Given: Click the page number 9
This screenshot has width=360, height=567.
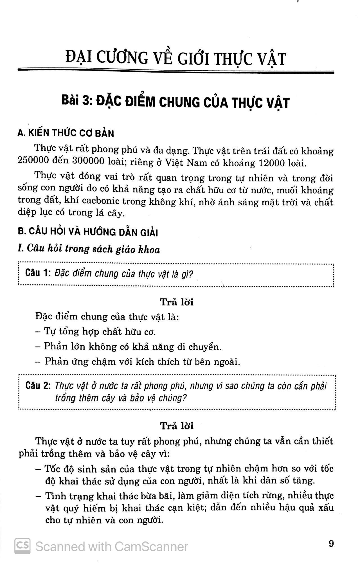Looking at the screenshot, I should click(x=331, y=544).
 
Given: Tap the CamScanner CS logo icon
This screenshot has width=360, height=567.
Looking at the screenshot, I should click(x=22, y=546).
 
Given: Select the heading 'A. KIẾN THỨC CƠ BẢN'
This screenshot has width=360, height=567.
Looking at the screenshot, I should click(x=66, y=133).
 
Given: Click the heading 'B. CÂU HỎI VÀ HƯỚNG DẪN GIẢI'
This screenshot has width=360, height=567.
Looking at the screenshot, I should click(x=88, y=232).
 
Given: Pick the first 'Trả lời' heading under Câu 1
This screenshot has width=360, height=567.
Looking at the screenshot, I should click(x=177, y=302).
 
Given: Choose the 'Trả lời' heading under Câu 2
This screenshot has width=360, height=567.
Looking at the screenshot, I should click(x=177, y=426).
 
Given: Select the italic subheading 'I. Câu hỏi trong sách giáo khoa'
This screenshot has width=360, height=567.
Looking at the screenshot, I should click(x=89, y=249).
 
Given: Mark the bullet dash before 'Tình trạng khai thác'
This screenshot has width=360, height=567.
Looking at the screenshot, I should click(x=39, y=496).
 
